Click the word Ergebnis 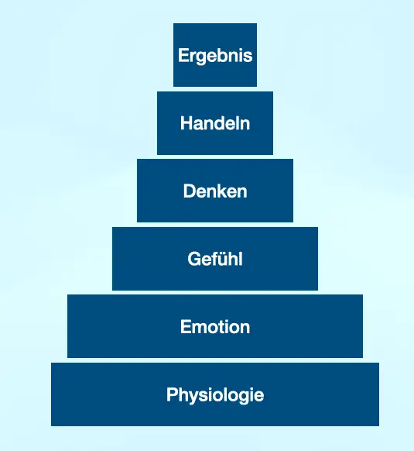tap(215, 56)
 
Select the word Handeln tap(215, 123)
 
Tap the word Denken tap(215, 191)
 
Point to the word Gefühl tap(215, 259)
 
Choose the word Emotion tap(215, 327)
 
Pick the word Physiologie tap(215, 395)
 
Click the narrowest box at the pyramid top tap(215, 55)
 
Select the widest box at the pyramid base tap(215, 394)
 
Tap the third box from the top tap(215, 191)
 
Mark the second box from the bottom tap(215, 326)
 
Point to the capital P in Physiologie tap(173, 394)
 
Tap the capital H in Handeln tap(186, 123)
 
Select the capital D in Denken tap(190, 191)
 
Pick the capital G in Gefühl tap(194, 259)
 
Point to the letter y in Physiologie tap(197, 398)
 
